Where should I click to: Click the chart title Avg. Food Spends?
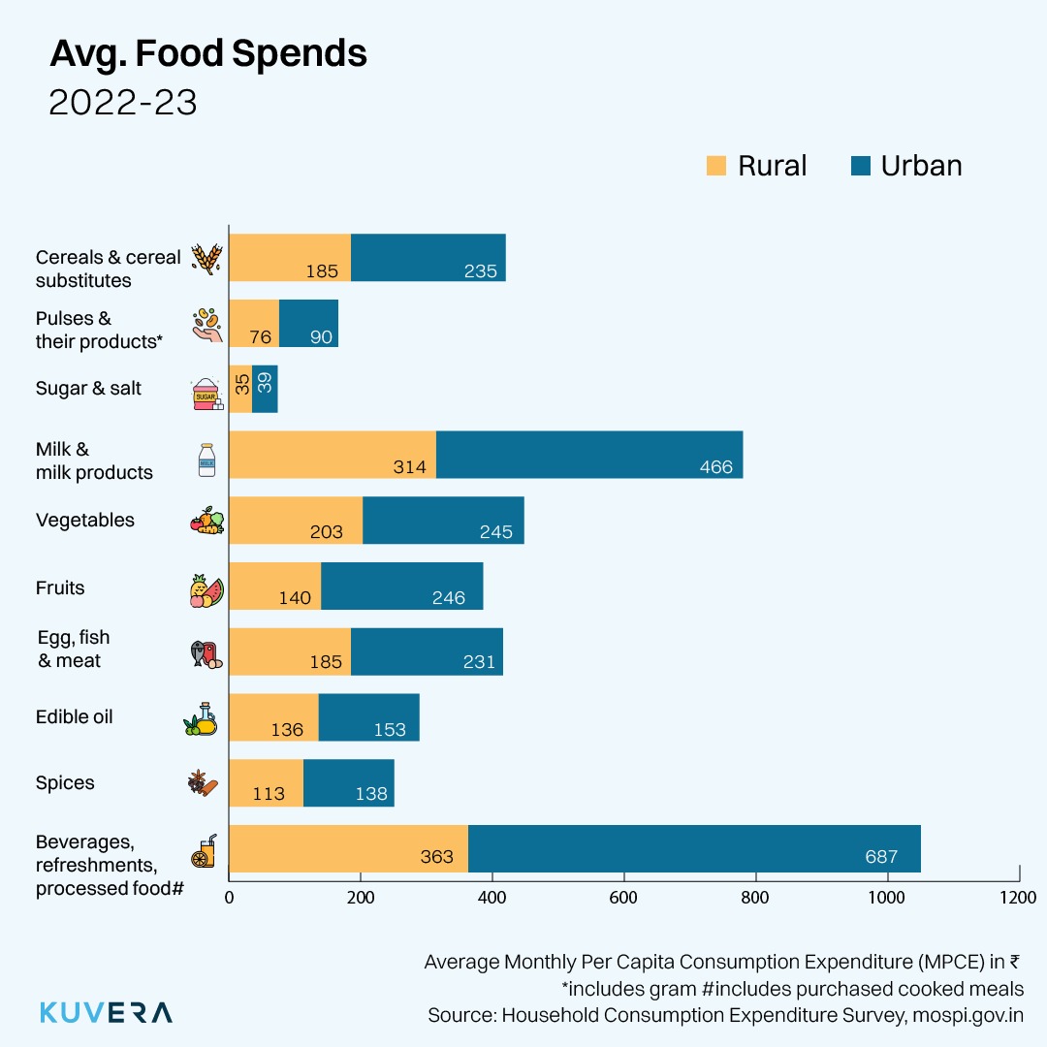(207, 54)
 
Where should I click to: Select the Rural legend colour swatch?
(716, 166)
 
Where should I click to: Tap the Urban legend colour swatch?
(860, 166)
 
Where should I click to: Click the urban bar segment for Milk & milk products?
(589, 455)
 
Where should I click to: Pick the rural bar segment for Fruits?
(274, 587)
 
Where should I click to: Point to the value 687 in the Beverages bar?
(881, 857)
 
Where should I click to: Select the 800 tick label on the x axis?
(755, 897)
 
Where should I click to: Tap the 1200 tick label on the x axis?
(1018, 897)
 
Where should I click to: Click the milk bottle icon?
(206, 460)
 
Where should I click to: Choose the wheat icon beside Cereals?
(206, 259)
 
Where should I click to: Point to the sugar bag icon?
(206, 395)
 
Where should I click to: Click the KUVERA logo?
(106, 1013)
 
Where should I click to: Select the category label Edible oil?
(75, 717)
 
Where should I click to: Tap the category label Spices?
(65, 783)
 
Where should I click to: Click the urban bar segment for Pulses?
(308, 323)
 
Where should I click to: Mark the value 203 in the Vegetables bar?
(327, 531)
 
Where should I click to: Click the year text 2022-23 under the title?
(123, 103)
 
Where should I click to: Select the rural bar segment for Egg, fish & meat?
(289, 651)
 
